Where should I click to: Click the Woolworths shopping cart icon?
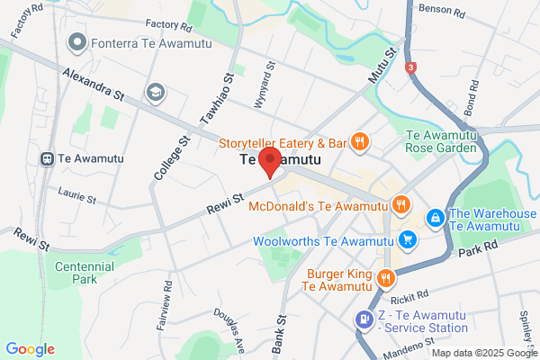pyautogui.click(x=409, y=240)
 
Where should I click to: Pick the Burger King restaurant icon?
pyautogui.click(x=385, y=277)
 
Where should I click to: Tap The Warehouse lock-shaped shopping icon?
pyautogui.click(x=435, y=218)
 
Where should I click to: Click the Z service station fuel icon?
pyautogui.click(x=364, y=318)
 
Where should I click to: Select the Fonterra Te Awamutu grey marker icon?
pyautogui.click(x=77, y=40)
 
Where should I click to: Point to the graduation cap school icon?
pyautogui.click(x=156, y=92)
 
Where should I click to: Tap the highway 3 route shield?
pyautogui.click(x=411, y=67)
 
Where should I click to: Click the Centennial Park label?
pyautogui.click(x=85, y=273)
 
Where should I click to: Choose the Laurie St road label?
pyautogui.click(x=76, y=194)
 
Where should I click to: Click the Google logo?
pyautogui.click(x=31, y=349)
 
